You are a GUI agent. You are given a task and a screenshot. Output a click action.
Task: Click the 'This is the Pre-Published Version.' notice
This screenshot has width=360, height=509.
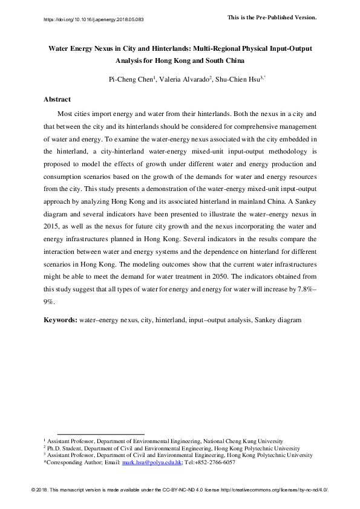tap(272, 17)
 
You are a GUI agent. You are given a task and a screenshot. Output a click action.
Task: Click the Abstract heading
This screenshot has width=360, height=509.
tap(57, 99)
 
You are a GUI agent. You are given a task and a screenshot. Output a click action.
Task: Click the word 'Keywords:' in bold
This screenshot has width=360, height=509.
tap(60, 319)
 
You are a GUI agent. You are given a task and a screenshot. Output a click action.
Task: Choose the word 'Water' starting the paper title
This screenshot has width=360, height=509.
tap(59, 48)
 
